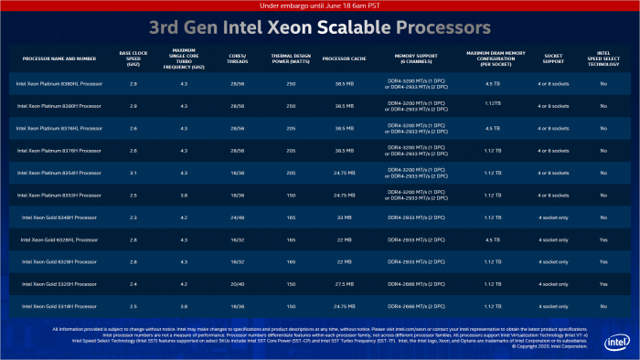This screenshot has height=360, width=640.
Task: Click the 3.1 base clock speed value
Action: (134, 173)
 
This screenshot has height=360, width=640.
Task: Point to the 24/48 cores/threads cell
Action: (236, 217)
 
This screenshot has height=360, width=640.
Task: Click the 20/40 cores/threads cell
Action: (236, 283)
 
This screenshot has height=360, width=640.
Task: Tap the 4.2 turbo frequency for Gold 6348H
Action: (184, 217)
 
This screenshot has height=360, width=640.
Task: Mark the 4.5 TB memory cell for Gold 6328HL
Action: (492, 239)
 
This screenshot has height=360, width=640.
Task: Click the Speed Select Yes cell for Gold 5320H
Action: (603, 283)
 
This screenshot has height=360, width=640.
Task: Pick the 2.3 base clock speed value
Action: (134, 217)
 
